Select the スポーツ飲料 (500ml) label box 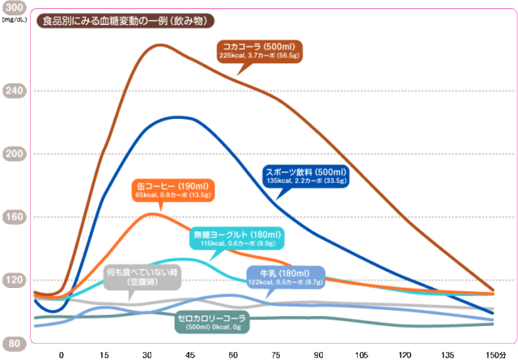[x=306, y=176]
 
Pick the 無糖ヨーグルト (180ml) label [x=236, y=239]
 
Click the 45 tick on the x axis [x=190, y=354]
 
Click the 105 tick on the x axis [x=361, y=354]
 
